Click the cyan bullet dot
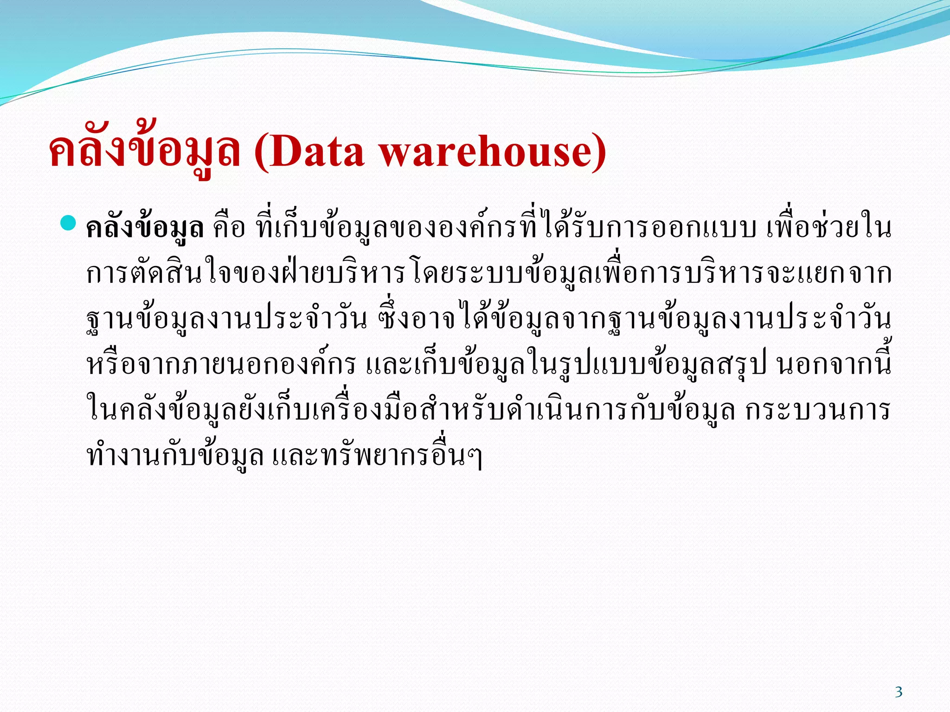[x=68, y=223]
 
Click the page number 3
[x=899, y=692]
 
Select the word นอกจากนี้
[x=833, y=365]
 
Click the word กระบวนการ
[x=817, y=411]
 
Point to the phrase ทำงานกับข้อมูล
[x=175, y=456]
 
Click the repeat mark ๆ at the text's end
[x=475, y=457]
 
